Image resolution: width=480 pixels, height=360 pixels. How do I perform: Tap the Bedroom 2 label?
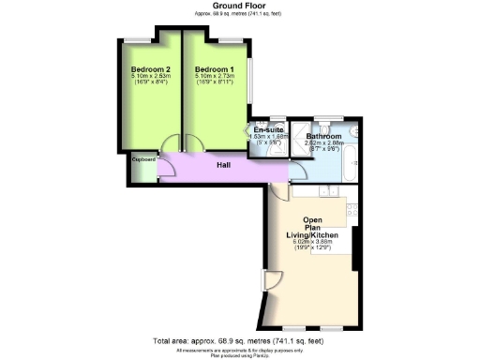point(149,69)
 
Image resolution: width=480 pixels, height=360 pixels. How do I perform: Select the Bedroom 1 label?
point(215,69)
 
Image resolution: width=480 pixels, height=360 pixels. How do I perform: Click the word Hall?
point(224,165)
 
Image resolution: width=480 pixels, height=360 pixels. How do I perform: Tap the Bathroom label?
point(324,137)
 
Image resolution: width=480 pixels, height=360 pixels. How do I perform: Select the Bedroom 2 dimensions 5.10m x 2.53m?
point(149,78)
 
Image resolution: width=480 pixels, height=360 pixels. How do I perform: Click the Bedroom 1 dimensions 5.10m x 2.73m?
point(215,78)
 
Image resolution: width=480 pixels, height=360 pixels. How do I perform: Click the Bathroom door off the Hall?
point(296,169)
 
